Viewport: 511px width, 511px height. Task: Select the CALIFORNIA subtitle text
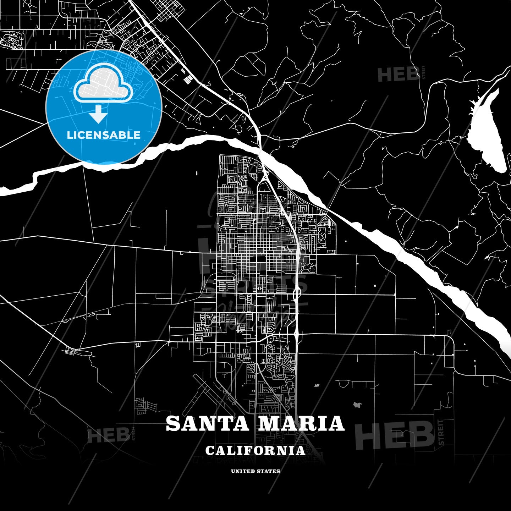(255, 451)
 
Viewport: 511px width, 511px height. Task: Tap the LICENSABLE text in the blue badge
(104, 135)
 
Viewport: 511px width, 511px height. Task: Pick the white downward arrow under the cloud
(98, 114)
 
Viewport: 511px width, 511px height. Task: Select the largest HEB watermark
(394, 436)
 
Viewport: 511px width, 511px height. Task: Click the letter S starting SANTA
(173, 424)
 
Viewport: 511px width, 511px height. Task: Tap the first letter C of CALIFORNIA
(209, 451)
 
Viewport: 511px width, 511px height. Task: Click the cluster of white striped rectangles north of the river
(187, 80)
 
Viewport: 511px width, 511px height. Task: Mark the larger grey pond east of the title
(357, 404)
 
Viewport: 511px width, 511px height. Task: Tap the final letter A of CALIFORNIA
(301, 451)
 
